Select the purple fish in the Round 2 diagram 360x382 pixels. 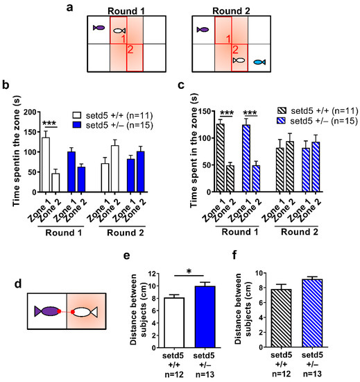(x=203, y=30)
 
